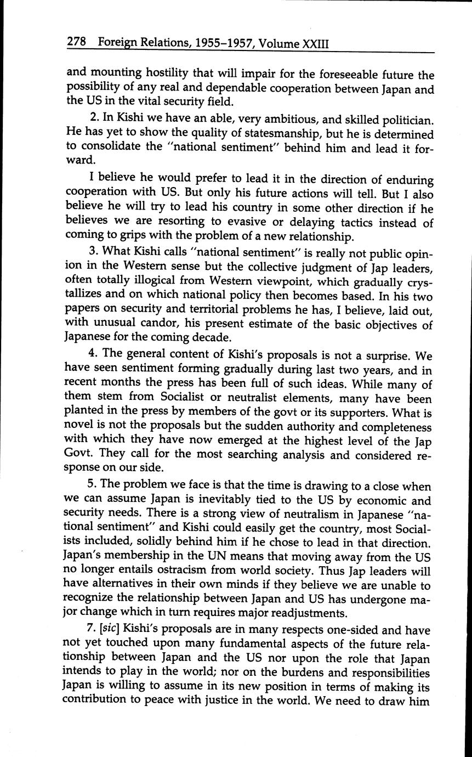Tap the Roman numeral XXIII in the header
315,43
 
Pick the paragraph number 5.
93,486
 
